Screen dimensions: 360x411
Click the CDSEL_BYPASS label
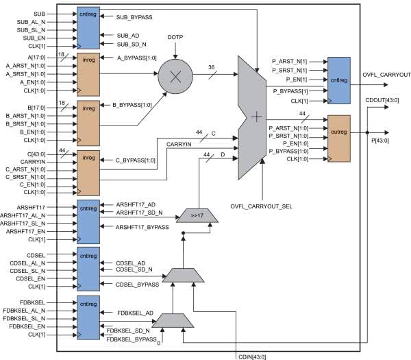137,285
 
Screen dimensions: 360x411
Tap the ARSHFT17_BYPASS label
142,227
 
